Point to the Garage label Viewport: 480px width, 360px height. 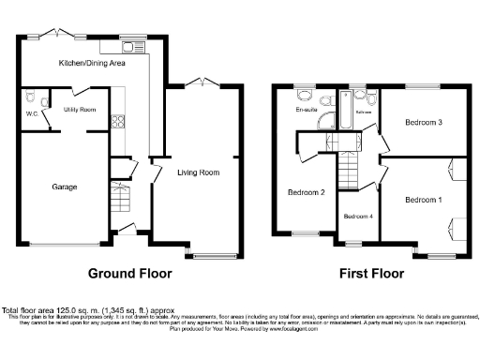pos(64,187)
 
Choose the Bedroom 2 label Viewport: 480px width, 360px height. pos(306,193)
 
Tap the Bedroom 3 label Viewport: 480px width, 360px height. pos(423,122)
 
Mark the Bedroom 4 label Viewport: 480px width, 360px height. pos(357,217)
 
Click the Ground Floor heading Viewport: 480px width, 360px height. pos(130,275)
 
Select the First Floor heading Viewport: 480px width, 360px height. pos(372,275)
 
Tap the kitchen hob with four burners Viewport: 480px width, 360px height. pos(120,120)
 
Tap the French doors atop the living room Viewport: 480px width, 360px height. pos(202,84)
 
